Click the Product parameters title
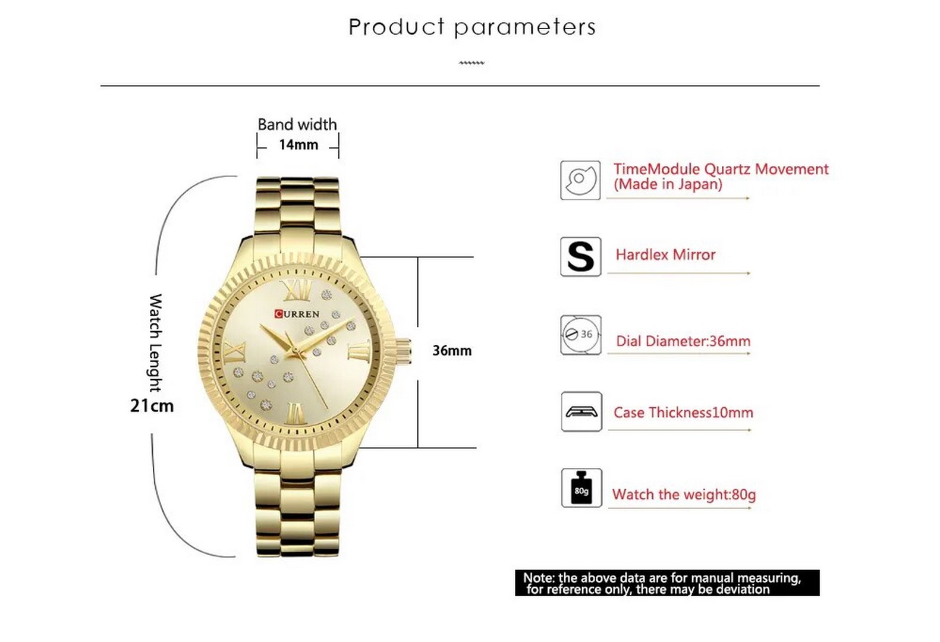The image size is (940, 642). click(x=472, y=28)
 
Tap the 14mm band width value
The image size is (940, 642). click(x=298, y=145)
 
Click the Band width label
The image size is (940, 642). click(x=297, y=125)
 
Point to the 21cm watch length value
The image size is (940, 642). click(x=152, y=406)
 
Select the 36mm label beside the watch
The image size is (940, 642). click(x=452, y=350)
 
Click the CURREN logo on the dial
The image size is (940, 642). click(x=297, y=314)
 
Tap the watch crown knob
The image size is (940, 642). click(x=403, y=352)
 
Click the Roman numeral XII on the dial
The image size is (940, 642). click(x=297, y=290)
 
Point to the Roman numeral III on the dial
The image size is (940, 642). click(x=359, y=352)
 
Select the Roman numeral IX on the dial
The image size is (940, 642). click(x=235, y=352)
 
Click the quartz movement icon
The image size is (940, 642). click(x=580, y=181)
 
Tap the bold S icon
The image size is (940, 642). click(x=580, y=257)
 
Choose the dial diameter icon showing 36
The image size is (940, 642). click(x=581, y=335)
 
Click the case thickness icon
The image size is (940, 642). click(x=581, y=411)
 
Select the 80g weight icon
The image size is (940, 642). click(x=581, y=488)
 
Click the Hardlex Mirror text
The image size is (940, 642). click(x=665, y=255)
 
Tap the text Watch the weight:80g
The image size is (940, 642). click(x=684, y=495)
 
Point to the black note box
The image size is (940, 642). click(x=667, y=583)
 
